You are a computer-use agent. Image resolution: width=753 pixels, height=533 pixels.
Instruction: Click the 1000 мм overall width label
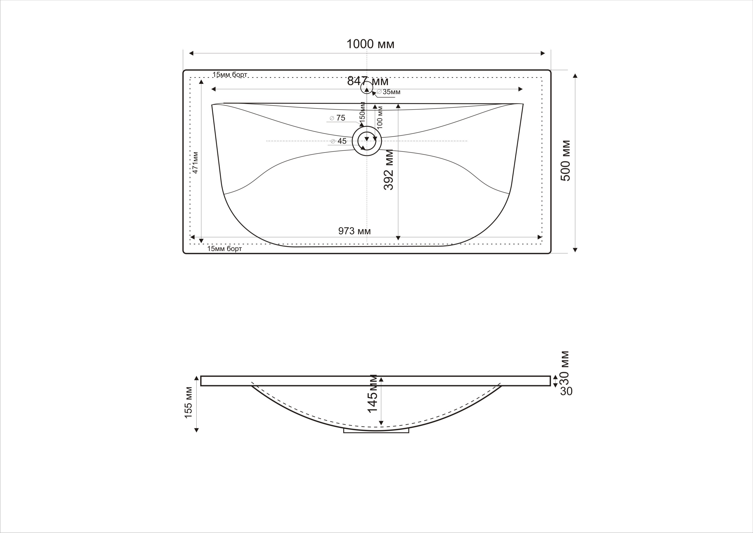tap(370, 44)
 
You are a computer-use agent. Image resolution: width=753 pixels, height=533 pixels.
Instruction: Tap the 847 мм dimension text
tap(368, 81)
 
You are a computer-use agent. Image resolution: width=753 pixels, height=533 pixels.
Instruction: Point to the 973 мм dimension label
tap(355, 231)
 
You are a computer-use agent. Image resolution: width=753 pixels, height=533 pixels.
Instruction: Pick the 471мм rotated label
tap(195, 162)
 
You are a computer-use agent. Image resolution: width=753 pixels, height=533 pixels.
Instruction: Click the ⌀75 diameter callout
tap(337, 118)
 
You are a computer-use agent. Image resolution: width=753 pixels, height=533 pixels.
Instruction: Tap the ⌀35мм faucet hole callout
tap(389, 92)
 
